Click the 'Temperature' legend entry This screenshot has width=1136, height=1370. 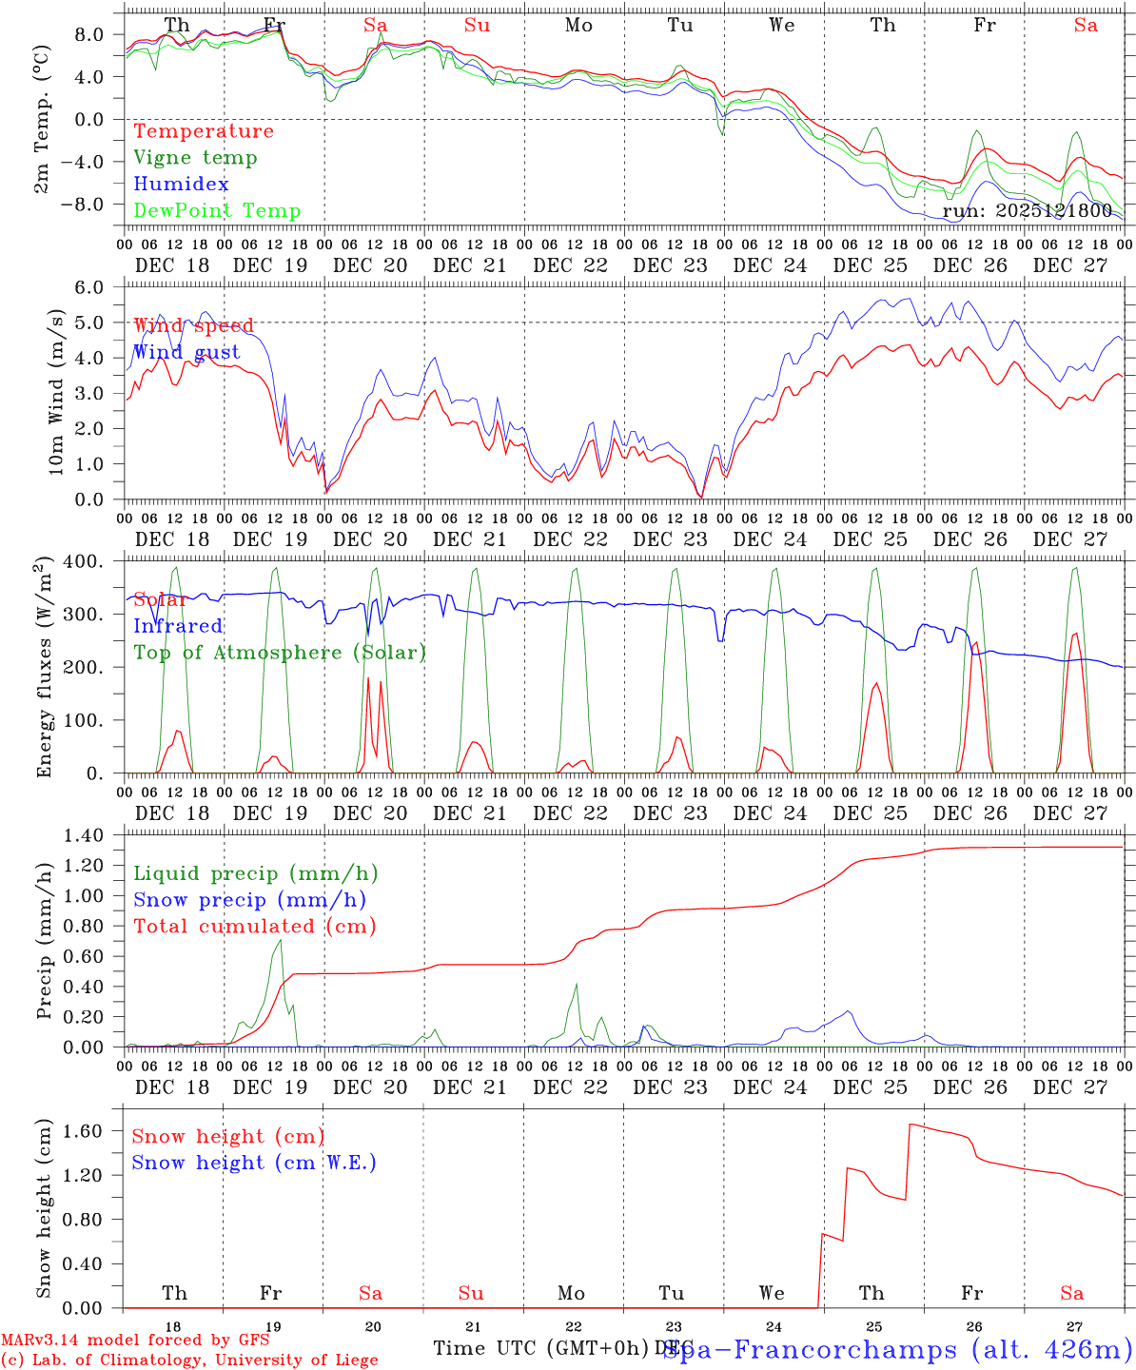pyautogui.click(x=204, y=131)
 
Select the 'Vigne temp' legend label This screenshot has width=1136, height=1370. pyautogui.click(x=195, y=158)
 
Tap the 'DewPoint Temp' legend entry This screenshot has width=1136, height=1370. pyautogui.click(x=217, y=211)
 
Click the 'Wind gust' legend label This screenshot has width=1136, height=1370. pyautogui.click(x=186, y=353)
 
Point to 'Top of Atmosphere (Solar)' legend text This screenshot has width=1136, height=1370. pyautogui.click(x=280, y=653)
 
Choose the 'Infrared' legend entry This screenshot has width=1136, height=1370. pyautogui.click(x=178, y=626)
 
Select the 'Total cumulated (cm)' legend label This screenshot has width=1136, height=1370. pyautogui.click(x=255, y=927)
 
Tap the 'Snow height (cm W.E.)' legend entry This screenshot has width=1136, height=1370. pyautogui.click(x=254, y=1163)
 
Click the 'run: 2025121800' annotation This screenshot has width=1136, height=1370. pyautogui.click(x=1028, y=211)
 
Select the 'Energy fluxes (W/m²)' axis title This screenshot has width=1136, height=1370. pyautogui.click(x=43, y=670)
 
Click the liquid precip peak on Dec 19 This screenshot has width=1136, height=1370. pyautogui.click(x=280, y=940)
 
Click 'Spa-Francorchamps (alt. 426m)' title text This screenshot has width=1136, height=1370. pyautogui.click(x=898, y=1349)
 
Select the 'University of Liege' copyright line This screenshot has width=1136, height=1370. pyautogui.click(x=189, y=1360)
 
